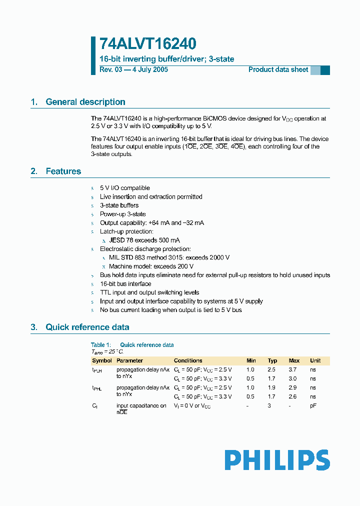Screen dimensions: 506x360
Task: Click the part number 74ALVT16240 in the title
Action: point(147,43)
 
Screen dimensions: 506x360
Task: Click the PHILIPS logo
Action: point(277,460)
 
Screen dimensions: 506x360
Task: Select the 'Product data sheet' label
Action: point(278,69)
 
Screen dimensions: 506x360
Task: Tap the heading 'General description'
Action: point(85,102)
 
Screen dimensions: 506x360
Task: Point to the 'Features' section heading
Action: point(63,171)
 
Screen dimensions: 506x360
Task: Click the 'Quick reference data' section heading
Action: point(87,327)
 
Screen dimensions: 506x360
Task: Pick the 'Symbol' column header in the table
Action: point(102,360)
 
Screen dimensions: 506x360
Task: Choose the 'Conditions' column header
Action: point(188,360)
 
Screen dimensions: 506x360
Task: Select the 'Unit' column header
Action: point(315,360)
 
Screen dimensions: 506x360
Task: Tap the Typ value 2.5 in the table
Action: point(272,369)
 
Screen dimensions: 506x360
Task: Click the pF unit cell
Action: point(313,406)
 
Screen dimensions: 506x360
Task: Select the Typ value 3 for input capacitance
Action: point(268,406)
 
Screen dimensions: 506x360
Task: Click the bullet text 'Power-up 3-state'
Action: point(123,214)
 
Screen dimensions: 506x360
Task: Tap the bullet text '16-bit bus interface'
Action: point(125,284)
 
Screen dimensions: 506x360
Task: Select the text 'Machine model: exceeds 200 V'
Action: point(151,266)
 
